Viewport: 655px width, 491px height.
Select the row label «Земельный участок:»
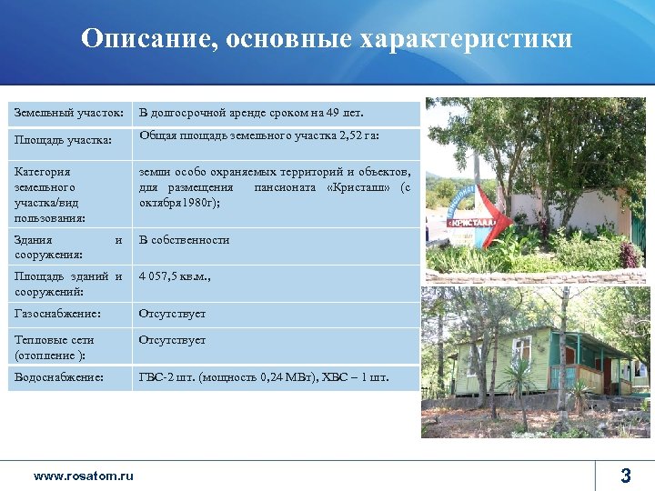(x=69, y=113)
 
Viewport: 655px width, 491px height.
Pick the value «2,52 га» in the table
(x=359, y=135)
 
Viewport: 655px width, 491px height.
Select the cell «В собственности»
(x=184, y=240)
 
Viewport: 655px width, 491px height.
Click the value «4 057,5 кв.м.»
(x=175, y=276)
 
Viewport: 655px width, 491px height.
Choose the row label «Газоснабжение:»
(x=58, y=314)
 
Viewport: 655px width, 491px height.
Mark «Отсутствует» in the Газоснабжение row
(x=172, y=314)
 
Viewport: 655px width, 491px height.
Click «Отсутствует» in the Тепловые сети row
(x=172, y=340)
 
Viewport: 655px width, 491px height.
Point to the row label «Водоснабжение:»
(x=60, y=376)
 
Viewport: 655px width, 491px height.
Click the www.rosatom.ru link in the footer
(x=83, y=476)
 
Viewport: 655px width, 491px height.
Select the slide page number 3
(x=626, y=475)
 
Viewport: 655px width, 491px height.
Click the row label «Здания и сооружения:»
(x=68, y=247)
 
